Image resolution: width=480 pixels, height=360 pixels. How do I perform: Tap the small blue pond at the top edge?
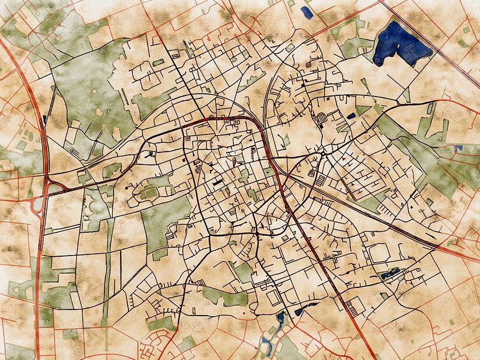tap(306, 12)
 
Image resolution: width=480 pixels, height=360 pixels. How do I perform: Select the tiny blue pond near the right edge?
tap(458, 148)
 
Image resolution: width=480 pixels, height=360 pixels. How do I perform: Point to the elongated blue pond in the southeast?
tap(389, 275)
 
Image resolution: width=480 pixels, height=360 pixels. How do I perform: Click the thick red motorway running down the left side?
tap(40, 258)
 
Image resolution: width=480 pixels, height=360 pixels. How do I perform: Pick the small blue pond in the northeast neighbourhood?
tap(351, 115)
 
